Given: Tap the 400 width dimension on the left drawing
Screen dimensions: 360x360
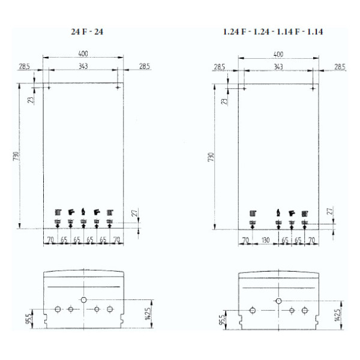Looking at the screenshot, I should tap(83, 54).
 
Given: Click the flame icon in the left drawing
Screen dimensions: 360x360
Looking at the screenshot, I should tap(84, 212).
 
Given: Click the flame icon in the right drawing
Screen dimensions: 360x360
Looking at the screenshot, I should tap(278, 212).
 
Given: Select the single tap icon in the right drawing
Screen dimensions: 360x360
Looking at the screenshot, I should tap(292, 212).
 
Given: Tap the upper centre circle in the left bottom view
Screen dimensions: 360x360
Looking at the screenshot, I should tap(84, 299).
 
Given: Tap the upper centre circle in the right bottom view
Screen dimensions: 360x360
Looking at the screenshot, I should tap(278, 299).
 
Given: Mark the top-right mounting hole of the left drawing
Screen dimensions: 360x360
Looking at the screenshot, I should tap(118, 88).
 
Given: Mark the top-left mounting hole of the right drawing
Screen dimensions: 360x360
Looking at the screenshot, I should tap(244, 88).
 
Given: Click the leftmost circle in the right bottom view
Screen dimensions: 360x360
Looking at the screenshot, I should tap(253, 310).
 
